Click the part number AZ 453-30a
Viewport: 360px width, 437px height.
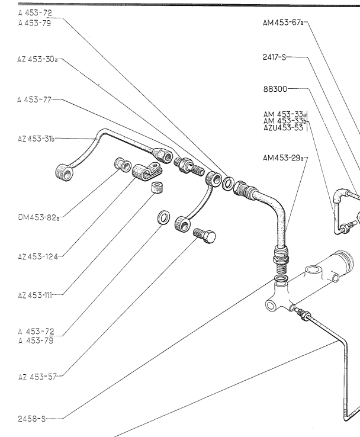[x=37, y=59]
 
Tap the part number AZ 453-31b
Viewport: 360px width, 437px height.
[x=36, y=139]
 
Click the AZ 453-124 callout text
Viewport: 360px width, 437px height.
[x=37, y=256]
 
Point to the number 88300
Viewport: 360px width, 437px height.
[x=275, y=89]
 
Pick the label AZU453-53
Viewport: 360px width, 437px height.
[x=283, y=127]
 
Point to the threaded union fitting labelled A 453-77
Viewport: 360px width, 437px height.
[x=189, y=165]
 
